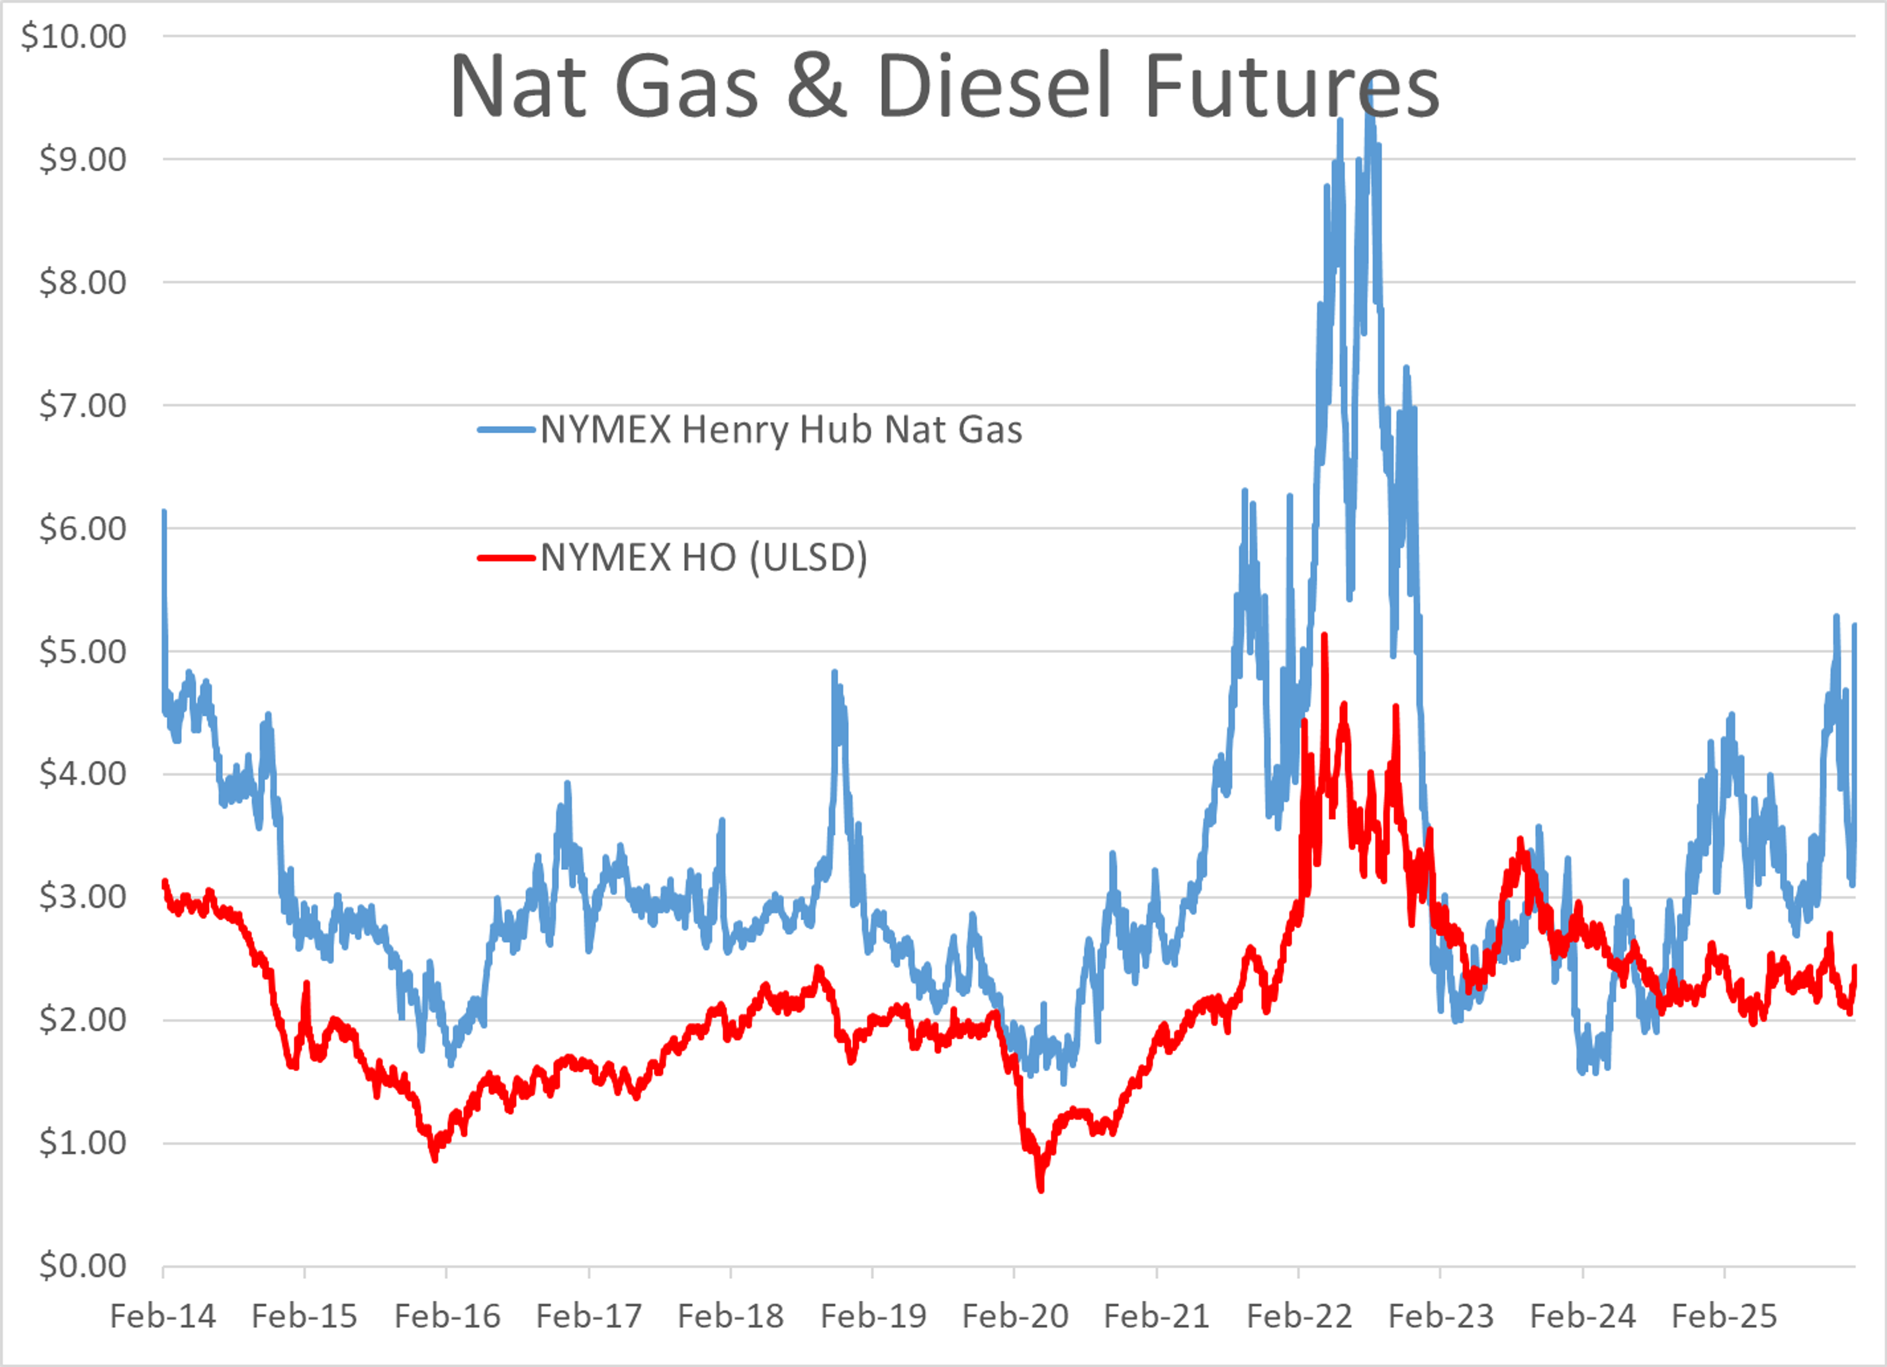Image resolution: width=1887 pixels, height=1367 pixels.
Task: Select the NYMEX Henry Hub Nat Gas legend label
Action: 781,430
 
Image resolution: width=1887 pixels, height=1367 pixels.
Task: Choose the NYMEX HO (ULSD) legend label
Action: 704,557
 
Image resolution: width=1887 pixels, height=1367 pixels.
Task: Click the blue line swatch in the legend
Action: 506,430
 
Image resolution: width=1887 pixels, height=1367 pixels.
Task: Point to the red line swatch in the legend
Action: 506,557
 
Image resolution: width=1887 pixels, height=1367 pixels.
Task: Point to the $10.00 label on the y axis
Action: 73,37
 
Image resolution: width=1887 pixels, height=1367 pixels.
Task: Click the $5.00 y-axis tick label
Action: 83,652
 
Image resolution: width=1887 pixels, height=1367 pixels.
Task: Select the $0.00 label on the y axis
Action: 83,1265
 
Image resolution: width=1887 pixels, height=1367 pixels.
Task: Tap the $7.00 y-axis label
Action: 83,406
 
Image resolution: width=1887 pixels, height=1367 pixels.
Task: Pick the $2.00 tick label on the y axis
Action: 83,1020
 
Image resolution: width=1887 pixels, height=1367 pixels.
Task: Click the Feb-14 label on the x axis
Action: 163,1317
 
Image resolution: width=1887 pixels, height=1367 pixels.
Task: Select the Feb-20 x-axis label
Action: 1015,1317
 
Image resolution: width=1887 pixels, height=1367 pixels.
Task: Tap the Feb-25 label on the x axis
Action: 1725,1317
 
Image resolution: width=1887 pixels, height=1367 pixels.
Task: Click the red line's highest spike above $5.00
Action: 1324,636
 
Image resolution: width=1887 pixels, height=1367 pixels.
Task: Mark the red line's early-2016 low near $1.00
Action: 435,1159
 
